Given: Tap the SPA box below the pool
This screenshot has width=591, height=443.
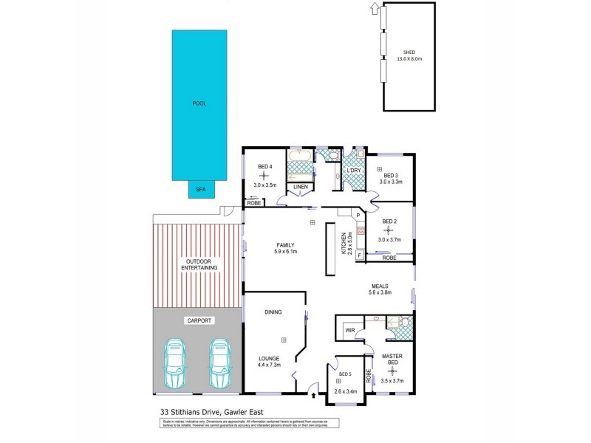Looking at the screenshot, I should (199, 190).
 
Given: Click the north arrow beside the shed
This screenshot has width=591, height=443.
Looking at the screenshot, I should (374, 9).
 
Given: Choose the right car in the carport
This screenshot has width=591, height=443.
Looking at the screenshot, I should (219, 363).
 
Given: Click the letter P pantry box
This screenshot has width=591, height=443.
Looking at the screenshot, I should (358, 216).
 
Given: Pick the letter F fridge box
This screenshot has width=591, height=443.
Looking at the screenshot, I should (358, 255).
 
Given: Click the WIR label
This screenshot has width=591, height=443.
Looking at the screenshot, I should (350, 330).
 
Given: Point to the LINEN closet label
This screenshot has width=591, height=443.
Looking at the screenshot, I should (300, 187).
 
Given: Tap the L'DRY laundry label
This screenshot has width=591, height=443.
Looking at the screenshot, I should (354, 171).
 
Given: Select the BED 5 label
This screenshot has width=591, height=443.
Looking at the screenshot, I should (346, 374).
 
